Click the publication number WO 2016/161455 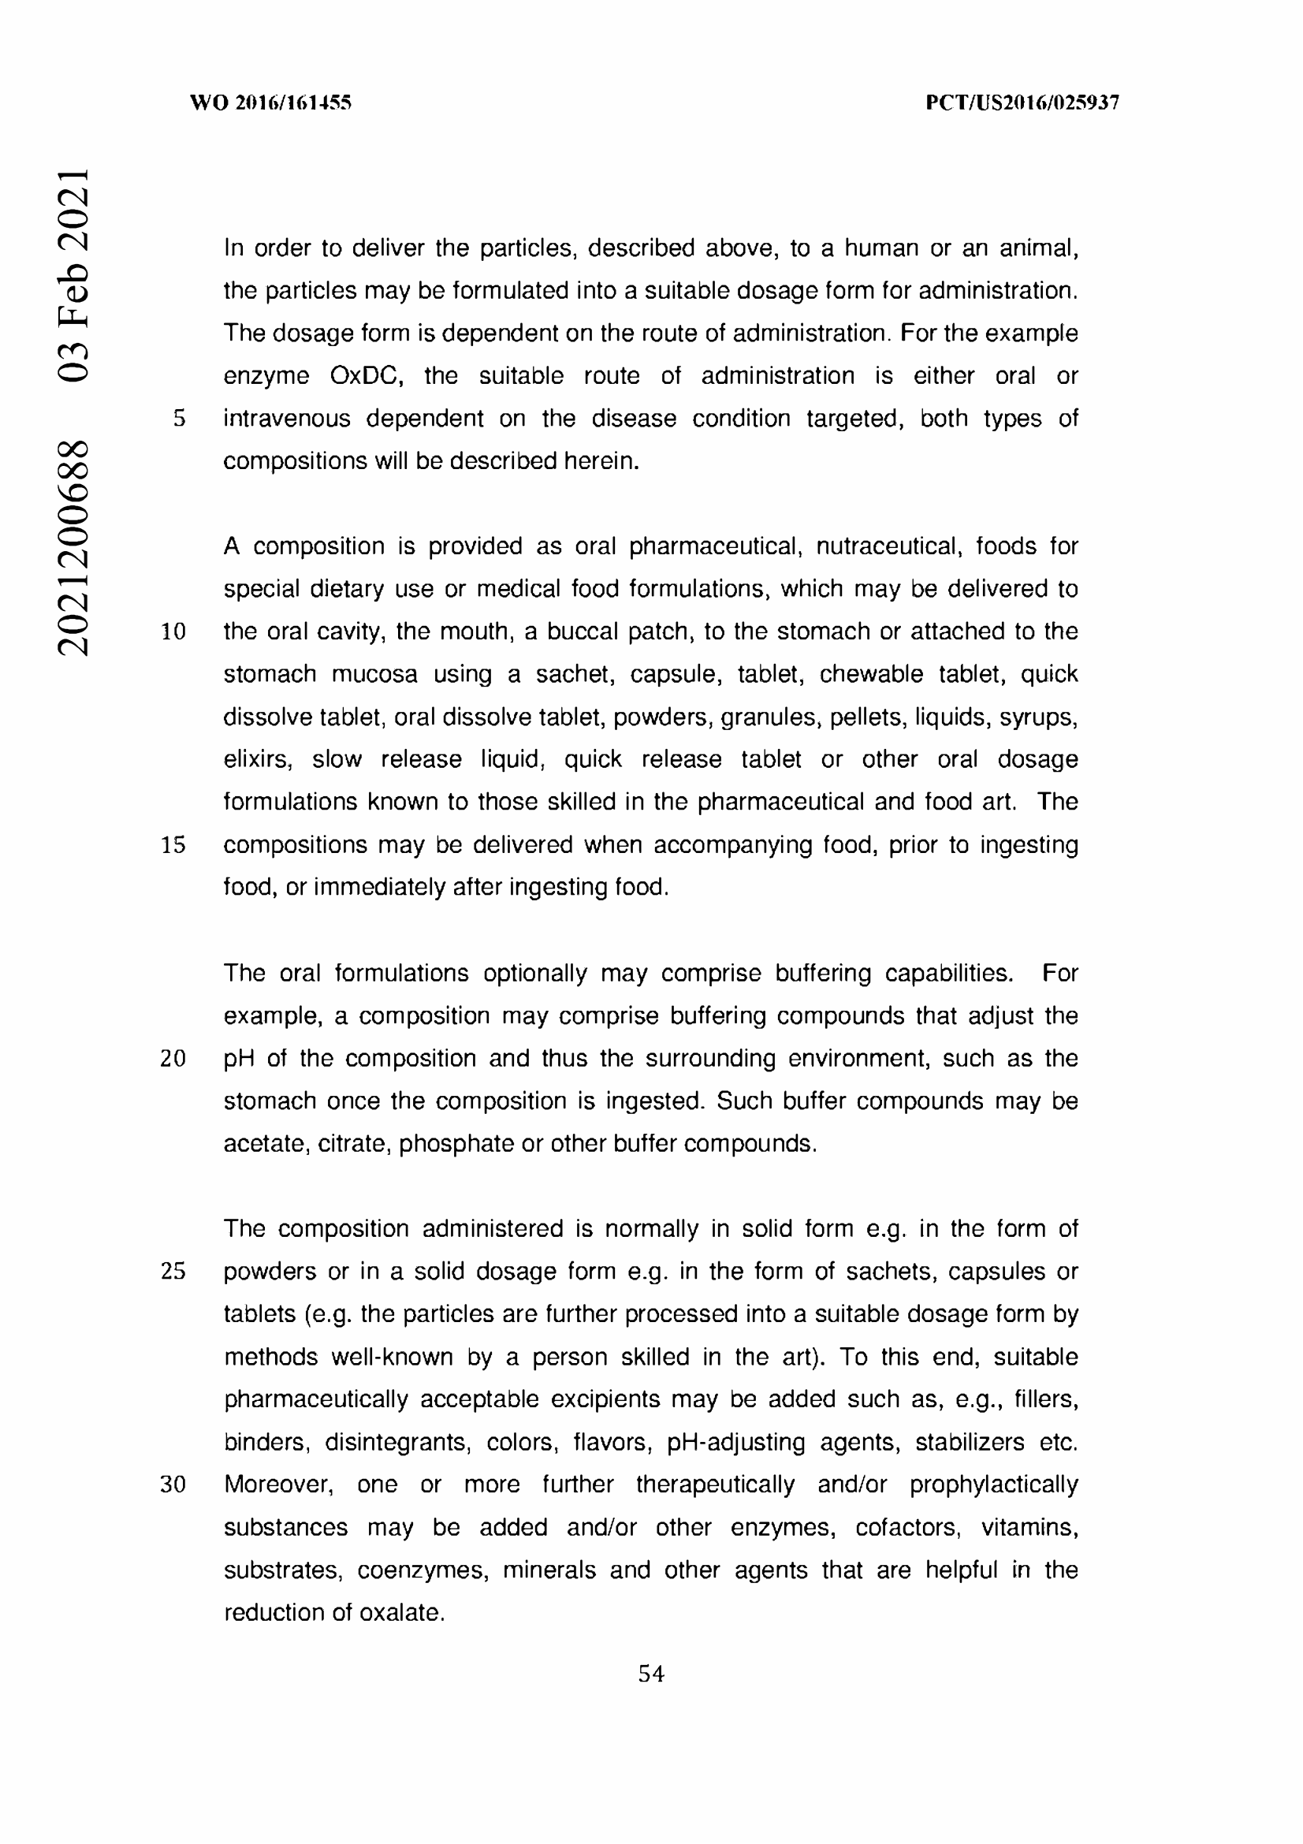coord(270,102)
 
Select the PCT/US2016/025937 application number coord(1022,102)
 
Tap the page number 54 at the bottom coord(651,1674)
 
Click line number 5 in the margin coord(179,419)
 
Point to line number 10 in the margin coord(173,631)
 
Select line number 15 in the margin coord(173,845)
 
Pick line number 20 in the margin coord(173,1059)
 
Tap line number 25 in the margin coord(173,1272)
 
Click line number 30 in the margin coord(173,1485)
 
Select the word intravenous coord(287,419)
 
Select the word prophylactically coord(993,1485)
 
